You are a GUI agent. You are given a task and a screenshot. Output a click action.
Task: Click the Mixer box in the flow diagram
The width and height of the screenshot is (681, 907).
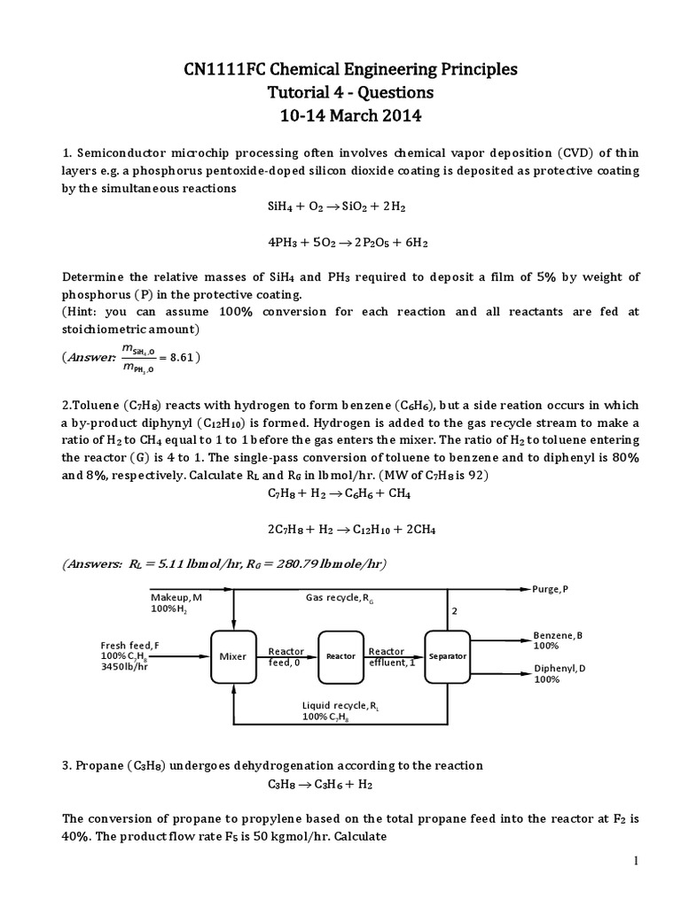click(233, 656)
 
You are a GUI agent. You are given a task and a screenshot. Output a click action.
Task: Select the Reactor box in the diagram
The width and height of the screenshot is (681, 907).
click(340, 656)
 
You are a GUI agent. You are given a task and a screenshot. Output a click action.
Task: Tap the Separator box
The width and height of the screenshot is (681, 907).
click(448, 656)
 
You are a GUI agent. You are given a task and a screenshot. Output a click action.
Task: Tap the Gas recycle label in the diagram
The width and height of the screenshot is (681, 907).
click(336, 598)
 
